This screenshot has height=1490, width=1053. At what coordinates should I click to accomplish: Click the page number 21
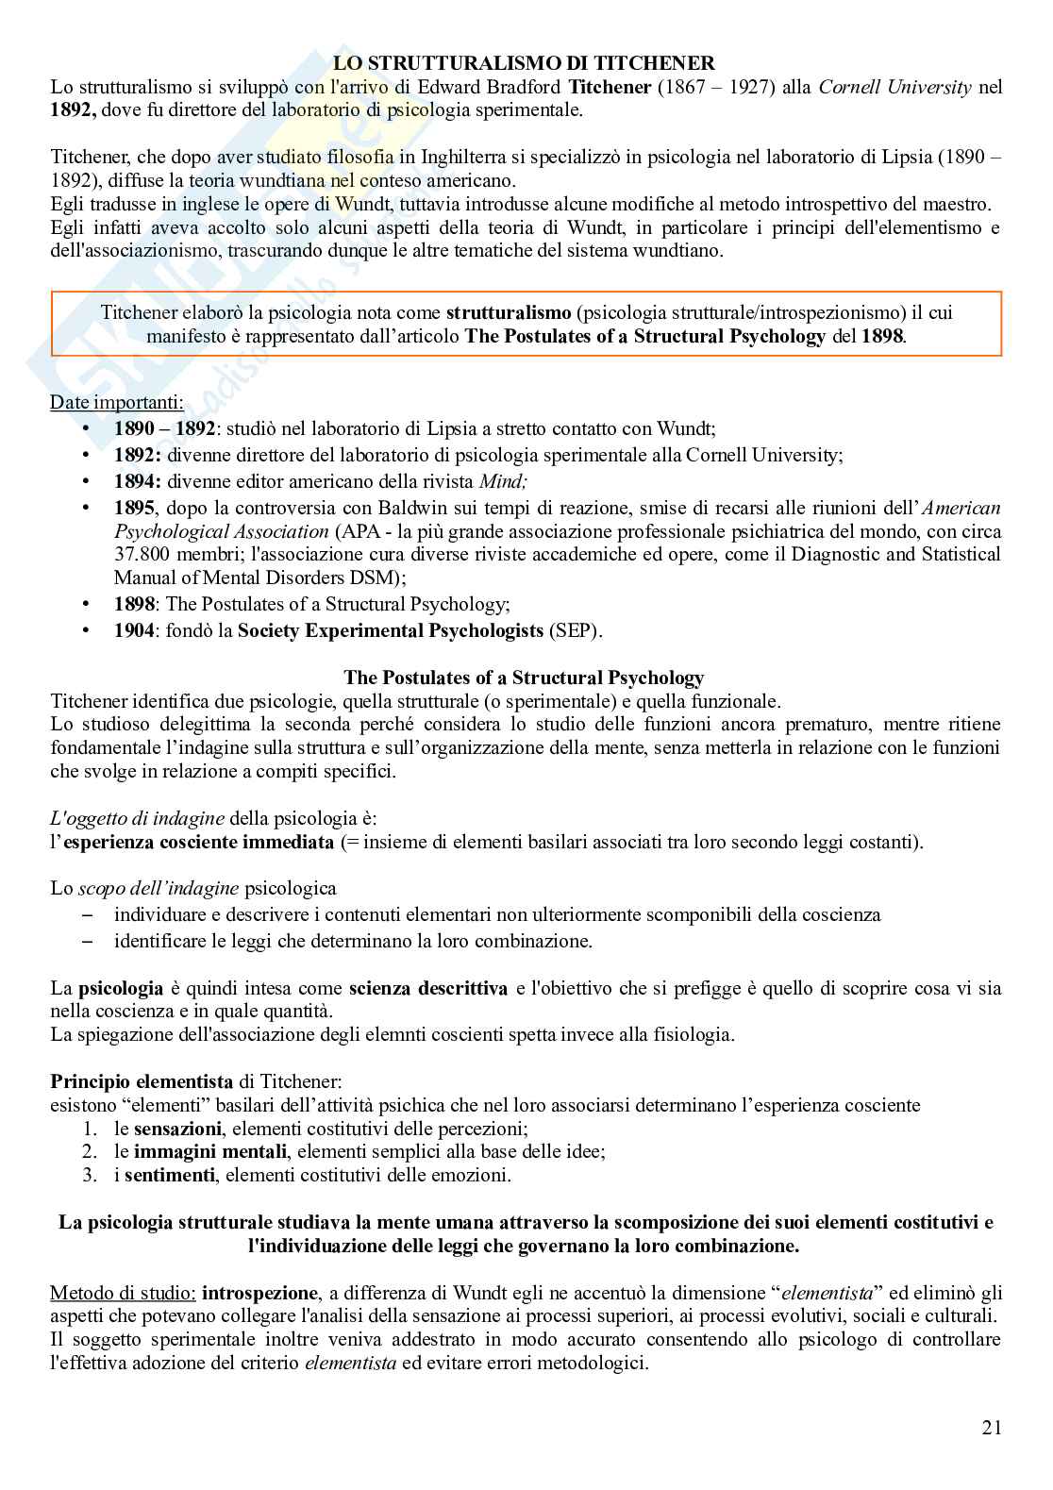coord(991,1428)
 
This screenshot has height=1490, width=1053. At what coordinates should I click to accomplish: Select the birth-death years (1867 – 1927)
coord(734,87)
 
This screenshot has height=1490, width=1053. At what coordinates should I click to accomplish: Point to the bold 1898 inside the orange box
coord(882,336)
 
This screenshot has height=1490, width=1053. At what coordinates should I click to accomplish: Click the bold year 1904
coord(134,630)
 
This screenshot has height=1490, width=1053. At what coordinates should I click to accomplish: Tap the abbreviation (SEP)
coord(575,630)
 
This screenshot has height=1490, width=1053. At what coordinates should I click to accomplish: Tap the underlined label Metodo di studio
coord(123,1293)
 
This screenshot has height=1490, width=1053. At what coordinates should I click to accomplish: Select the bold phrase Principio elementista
coord(142,1081)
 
